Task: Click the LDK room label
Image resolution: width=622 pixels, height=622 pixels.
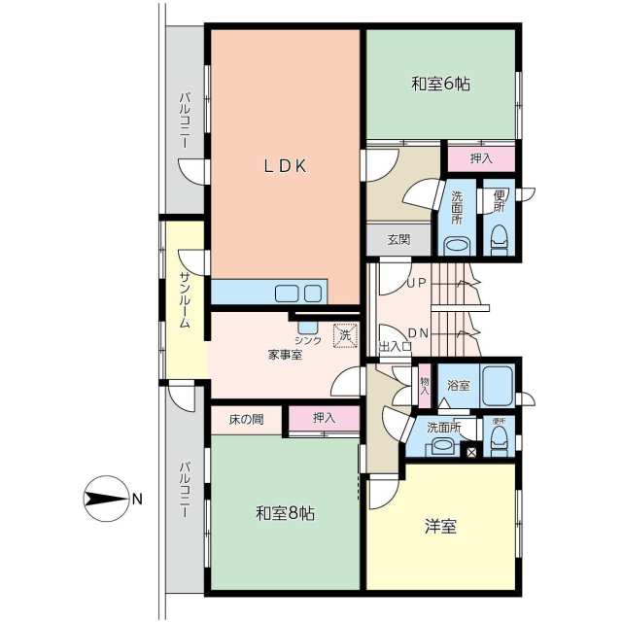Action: click(x=285, y=166)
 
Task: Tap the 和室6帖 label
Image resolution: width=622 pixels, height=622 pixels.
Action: click(x=440, y=85)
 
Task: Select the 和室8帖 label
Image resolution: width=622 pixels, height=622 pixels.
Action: click(x=285, y=513)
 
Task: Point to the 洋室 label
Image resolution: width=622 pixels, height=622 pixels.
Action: click(x=440, y=526)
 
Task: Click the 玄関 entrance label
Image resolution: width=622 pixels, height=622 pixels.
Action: click(x=398, y=240)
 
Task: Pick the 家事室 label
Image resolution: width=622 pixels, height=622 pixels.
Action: click(x=285, y=355)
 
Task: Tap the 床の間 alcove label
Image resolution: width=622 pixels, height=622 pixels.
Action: click(x=246, y=419)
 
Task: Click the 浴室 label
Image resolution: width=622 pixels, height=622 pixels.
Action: click(x=459, y=385)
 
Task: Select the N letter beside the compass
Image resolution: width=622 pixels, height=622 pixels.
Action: click(x=137, y=499)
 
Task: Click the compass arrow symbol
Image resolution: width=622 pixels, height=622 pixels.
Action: click(x=107, y=499)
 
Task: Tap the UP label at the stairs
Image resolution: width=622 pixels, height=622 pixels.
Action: click(x=417, y=283)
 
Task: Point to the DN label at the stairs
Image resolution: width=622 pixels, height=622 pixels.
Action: click(x=418, y=333)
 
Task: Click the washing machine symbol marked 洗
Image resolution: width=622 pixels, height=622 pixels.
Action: click(x=346, y=335)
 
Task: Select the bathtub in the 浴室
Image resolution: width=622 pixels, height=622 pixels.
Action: click(x=498, y=386)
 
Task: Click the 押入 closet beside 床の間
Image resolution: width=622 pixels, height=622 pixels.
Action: click(x=324, y=418)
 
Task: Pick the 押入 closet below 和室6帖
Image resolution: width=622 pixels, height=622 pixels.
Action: click(x=481, y=158)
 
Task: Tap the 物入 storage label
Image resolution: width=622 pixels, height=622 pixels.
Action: click(x=425, y=386)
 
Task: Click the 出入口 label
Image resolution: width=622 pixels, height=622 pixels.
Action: click(x=396, y=346)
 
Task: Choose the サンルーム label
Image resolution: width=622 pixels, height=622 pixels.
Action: click(x=186, y=300)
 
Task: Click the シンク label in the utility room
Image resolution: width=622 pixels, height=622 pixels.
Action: click(x=308, y=340)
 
